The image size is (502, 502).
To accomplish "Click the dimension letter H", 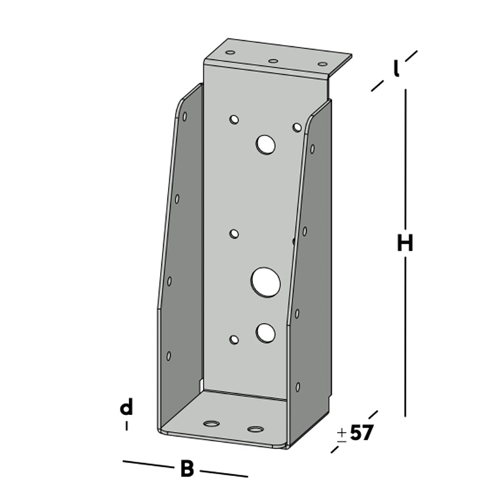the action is tap(405, 244).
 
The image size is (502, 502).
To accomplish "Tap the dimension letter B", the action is tap(187, 469).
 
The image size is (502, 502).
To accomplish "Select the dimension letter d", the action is tap(126, 407).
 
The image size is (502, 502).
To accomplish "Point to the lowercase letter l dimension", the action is tap(397, 69).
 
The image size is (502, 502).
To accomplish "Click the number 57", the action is tap(362, 433).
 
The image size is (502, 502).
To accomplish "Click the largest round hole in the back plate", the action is tap(266, 282).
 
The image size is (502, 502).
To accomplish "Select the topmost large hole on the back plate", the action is tap(266, 145).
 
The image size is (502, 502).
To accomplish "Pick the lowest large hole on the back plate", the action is tap(265, 333).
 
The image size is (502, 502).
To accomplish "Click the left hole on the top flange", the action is tap(230, 52).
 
